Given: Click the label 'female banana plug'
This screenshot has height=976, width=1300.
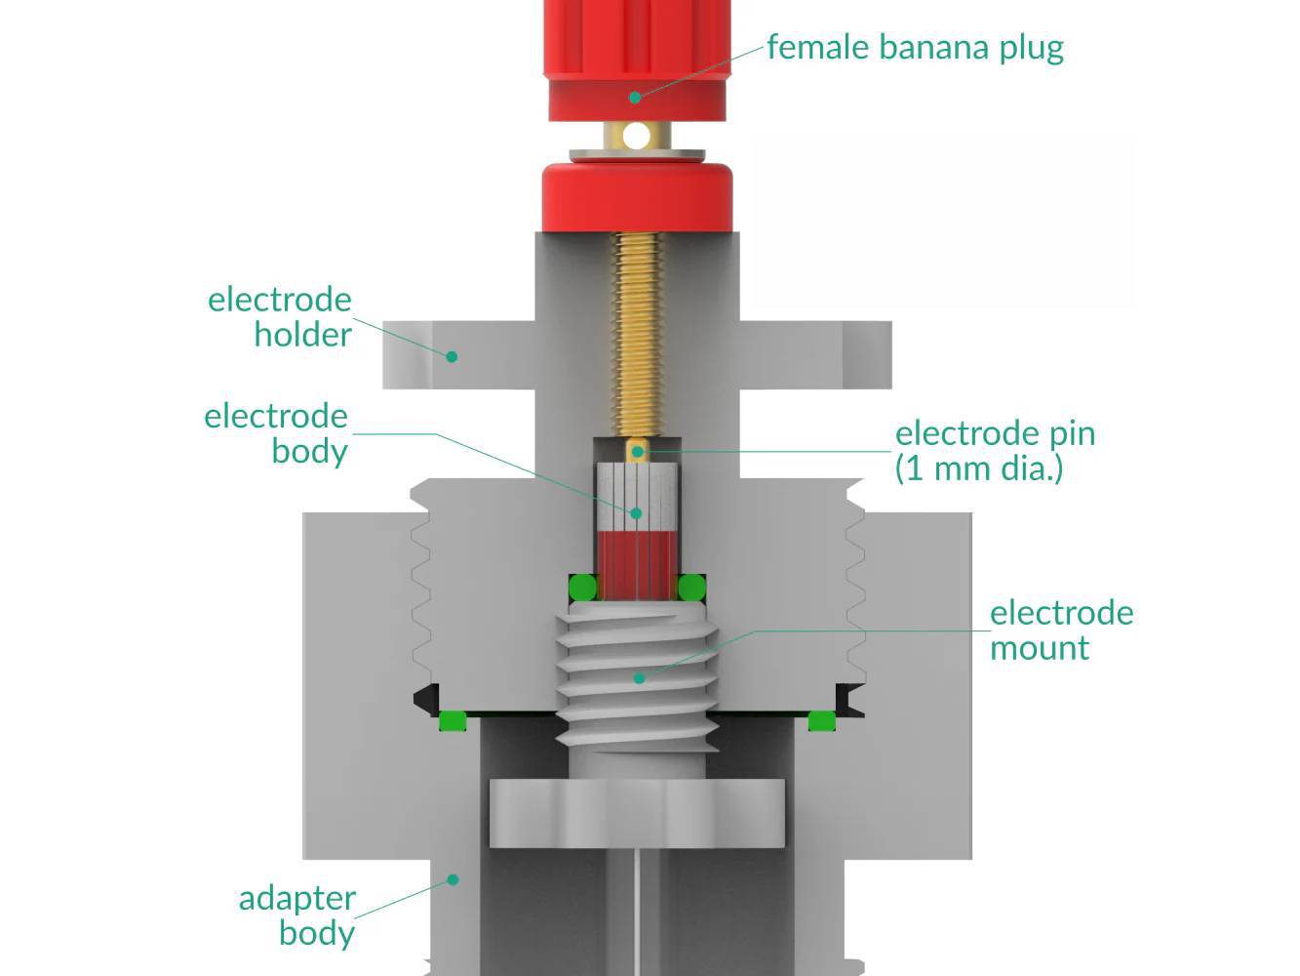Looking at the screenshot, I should tap(914, 47).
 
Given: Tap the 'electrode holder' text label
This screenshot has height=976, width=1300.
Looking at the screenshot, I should tap(280, 316).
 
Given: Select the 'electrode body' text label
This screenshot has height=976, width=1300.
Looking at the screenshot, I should tap(276, 433).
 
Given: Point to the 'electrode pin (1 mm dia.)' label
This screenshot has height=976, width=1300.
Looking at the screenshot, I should tap(995, 450).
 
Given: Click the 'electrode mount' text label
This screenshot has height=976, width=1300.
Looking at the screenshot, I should tap(1061, 630).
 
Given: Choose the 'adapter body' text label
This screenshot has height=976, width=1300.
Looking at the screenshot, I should tap(297, 915).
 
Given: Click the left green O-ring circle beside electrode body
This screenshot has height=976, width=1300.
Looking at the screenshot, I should tap(582, 588).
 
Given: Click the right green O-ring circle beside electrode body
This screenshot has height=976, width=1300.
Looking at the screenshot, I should tap(691, 588).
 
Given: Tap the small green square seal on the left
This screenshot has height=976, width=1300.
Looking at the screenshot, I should tap(451, 721).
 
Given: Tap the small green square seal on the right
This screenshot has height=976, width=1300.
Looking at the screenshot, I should tap(821, 721).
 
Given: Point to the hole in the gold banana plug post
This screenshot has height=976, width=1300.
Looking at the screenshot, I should tap(637, 136).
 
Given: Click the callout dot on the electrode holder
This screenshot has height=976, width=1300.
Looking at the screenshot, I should tap(452, 356).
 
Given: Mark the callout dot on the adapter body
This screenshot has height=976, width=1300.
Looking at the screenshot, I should tap(453, 879).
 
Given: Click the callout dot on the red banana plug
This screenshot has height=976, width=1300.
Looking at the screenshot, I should tap(635, 97).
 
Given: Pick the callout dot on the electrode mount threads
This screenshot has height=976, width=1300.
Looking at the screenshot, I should tap(639, 676).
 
